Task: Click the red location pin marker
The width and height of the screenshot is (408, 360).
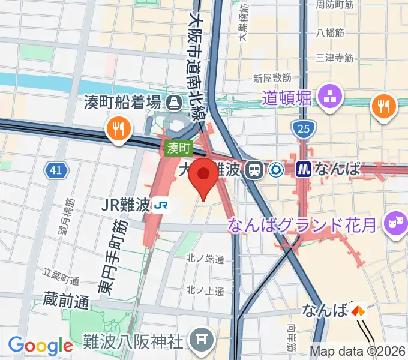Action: (x=204, y=175)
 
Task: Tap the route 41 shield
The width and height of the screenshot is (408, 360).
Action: (x=56, y=171)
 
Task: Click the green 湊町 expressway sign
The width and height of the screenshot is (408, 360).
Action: (x=178, y=147)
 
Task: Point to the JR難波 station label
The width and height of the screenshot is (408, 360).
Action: (x=126, y=205)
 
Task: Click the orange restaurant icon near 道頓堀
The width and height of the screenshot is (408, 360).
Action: (x=384, y=107)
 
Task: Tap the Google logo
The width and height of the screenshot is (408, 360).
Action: (x=40, y=346)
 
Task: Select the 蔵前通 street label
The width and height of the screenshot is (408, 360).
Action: (x=66, y=299)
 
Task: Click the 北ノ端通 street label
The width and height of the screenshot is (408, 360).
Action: (x=205, y=260)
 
